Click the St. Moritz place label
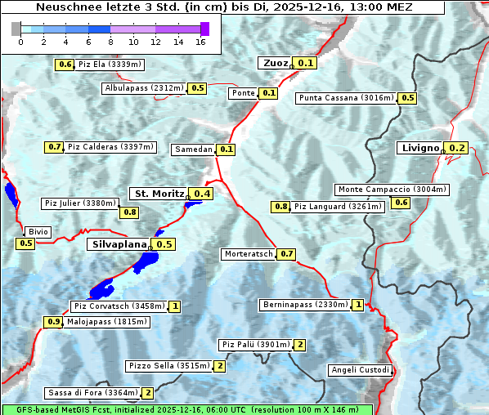158,194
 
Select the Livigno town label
419,148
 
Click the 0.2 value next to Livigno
457,148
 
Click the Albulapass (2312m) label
144,88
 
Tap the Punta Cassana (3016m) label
347,98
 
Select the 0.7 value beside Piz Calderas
55,147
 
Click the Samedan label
194,149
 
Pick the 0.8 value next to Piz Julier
130,212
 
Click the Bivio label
38,232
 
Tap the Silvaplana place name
119,244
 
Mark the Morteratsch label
249,254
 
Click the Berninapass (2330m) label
305,305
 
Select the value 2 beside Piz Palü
300,345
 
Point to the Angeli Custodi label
360,370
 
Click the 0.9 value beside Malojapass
54,322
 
